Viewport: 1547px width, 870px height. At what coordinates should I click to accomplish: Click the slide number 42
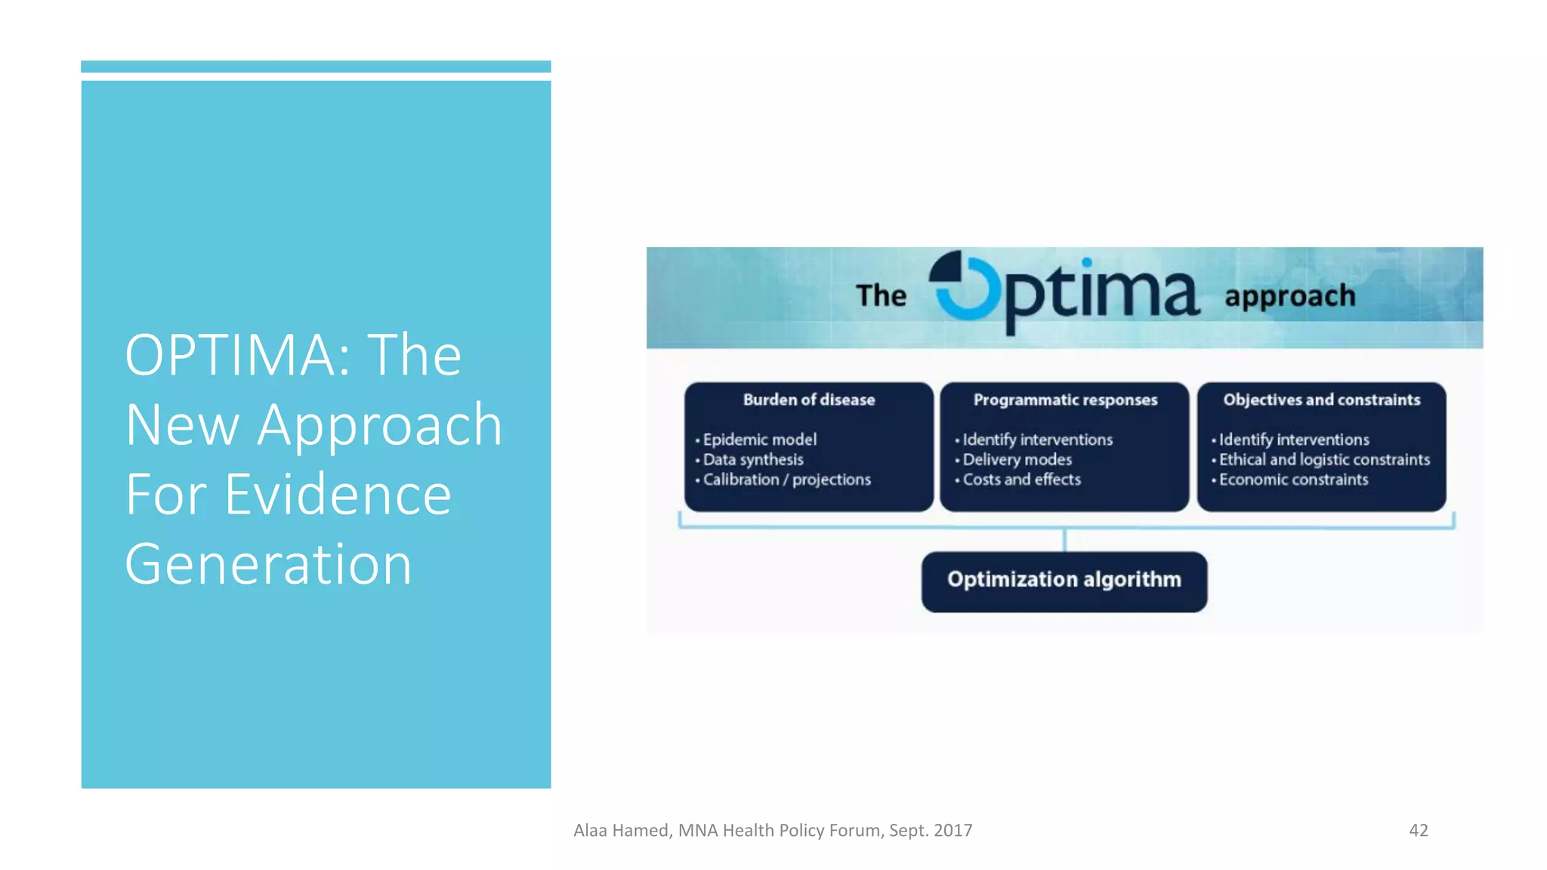(x=1418, y=830)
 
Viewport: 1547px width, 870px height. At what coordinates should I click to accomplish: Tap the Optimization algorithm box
(x=1064, y=581)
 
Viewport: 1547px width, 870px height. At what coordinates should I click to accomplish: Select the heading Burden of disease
(x=808, y=400)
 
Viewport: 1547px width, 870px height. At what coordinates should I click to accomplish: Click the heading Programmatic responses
(x=1064, y=400)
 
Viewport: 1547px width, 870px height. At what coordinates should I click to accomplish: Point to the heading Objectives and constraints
(x=1321, y=400)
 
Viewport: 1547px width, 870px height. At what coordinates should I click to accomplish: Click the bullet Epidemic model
(x=759, y=440)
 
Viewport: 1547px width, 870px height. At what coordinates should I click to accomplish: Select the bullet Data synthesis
(x=752, y=459)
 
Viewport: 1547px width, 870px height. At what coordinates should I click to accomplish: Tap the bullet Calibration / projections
(x=786, y=480)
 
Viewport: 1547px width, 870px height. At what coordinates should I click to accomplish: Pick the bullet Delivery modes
(x=1017, y=459)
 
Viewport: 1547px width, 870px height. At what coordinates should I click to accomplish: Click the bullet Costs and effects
(x=1021, y=480)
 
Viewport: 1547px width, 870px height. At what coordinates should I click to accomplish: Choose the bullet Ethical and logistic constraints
(x=1323, y=459)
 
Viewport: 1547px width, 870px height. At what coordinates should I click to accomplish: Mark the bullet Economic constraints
(x=1292, y=480)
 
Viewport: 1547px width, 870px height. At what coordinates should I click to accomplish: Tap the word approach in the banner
(x=1289, y=296)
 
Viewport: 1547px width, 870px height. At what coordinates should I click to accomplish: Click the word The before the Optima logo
(x=881, y=295)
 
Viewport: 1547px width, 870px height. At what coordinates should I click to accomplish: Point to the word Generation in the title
(x=268, y=564)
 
